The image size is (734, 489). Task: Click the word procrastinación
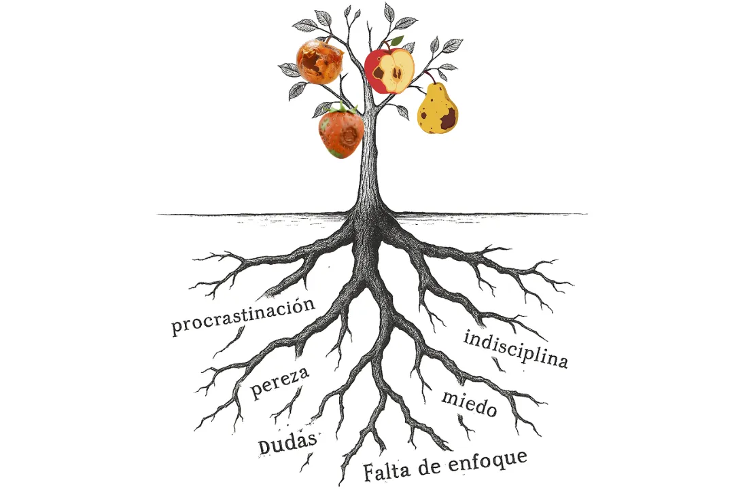(x=243, y=316)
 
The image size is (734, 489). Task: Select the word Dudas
(x=287, y=443)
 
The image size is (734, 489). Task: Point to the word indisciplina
(x=515, y=348)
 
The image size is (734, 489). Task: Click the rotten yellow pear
(x=437, y=109)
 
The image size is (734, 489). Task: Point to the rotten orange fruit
(x=319, y=62)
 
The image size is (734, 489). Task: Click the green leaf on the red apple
(x=397, y=41)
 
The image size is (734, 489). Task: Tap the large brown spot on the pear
(x=448, y=120)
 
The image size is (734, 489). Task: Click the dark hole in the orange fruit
(x=313, y=63)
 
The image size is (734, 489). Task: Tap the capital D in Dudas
(x=266, y=447)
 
